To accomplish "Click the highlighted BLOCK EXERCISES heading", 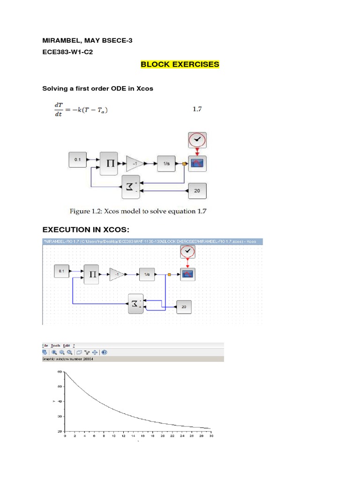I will click(180, 64).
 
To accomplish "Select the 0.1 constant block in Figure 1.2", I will click(78, 160).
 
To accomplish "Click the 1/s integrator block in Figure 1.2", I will click(166, 163).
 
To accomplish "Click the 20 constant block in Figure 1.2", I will click(197, 191).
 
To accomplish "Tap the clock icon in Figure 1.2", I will click(197, 140).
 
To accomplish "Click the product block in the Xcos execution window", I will click(93, 274).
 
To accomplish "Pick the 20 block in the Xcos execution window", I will click(184, 307).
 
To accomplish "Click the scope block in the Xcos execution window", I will click(188, 274).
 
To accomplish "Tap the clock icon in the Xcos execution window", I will click(188, 252).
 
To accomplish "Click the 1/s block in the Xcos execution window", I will click(147, 274).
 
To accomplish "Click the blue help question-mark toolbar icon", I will click(104, 352).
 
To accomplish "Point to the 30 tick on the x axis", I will click(211, 436).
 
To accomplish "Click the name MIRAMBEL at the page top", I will click(61, 41).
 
